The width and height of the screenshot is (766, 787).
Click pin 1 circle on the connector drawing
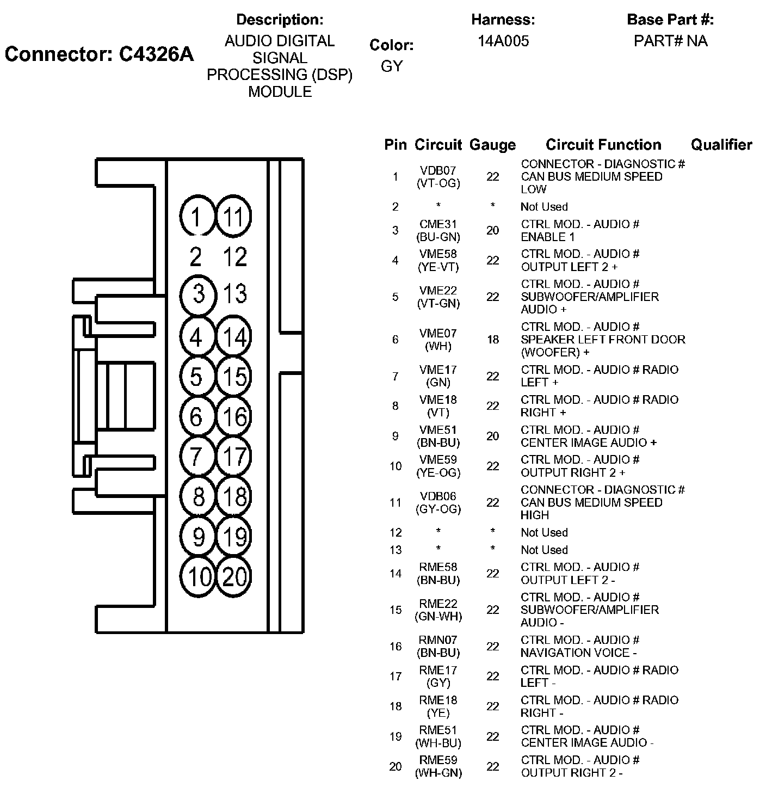tap(196, 217)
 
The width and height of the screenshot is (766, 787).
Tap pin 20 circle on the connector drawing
tap(234, 576)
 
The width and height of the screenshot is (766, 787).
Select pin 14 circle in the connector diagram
tap(234, 337)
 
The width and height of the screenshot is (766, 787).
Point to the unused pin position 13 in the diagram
tap(235, 294)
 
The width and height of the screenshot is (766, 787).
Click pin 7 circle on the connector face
tap(196, 457)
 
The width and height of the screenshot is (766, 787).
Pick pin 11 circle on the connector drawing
tap(234, 217)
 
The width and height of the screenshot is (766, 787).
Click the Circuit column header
tap(438, 145)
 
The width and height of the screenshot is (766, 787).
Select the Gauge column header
tap(492, 145)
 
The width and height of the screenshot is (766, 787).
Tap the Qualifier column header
tap(721, 145)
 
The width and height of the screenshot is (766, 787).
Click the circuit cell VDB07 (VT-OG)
tap(438, 177)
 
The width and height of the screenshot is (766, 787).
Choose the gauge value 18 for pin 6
tap(492, 340)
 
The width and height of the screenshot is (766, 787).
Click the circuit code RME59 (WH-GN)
tap(438, 766)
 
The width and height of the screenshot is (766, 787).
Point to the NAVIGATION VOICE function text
tap(579, 653)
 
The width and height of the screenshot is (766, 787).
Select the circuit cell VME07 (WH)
tap(438, 340)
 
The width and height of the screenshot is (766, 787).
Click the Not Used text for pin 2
tap(544, 207)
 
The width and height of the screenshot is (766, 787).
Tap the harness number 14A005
tap(503, 41)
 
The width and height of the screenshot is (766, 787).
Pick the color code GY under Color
tap(392, 66)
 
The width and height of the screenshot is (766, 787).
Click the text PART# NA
tap(670, 41)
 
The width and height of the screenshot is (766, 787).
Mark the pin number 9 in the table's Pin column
tap(396, 436)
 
